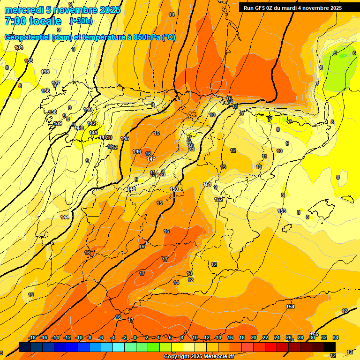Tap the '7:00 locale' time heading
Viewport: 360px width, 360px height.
point(33,21)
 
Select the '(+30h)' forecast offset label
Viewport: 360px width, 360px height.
point(81,21)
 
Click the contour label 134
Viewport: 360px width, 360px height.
point(19,47)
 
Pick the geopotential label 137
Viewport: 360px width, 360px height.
point(56,83)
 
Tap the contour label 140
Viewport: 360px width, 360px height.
point(88,109)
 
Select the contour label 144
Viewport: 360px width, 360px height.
point(65,217)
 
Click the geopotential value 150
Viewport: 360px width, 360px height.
point(174,189)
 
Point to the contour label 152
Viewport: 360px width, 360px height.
point(218,199)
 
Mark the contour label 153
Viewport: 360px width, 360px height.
point(282,211)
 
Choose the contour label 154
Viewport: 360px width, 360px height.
point(290,307)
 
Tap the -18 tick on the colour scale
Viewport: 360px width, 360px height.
point(32,338)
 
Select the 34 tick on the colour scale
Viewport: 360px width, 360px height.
point(336,338)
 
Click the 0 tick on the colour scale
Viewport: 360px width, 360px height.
point(135,338)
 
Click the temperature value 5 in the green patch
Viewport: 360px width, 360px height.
point(335,53)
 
